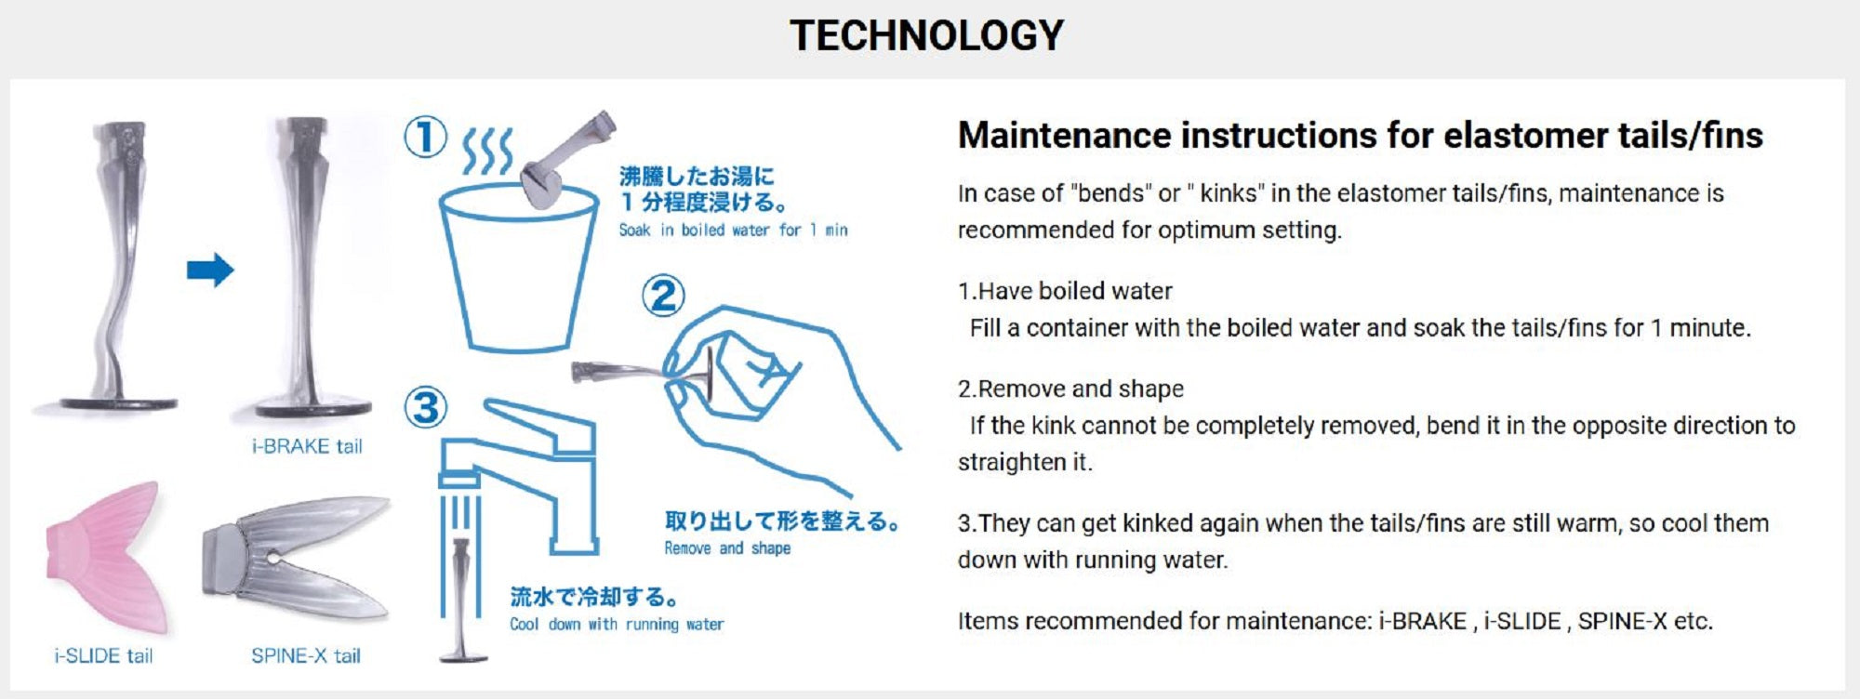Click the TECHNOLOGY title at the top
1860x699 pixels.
click(926, 35)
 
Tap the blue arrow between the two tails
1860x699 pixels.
click(210, 270)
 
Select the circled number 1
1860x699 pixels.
click(425, 138)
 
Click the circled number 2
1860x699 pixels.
click(663, 296)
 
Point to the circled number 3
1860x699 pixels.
click(425, 407)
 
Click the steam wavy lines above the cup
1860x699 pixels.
click(488, 151)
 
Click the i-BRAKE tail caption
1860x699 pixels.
click(307, 446)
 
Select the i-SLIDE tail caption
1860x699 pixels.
click(103, 655)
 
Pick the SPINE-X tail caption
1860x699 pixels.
click(306, 655)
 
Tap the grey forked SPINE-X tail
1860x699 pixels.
click(296, 557)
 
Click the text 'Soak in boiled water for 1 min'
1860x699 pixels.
click(734, 230)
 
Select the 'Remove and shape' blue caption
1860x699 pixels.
click(727, 548)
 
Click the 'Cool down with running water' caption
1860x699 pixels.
click(617, 625)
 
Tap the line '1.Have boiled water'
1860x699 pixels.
click(1065, 291)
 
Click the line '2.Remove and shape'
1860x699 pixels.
click(1070, 389)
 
